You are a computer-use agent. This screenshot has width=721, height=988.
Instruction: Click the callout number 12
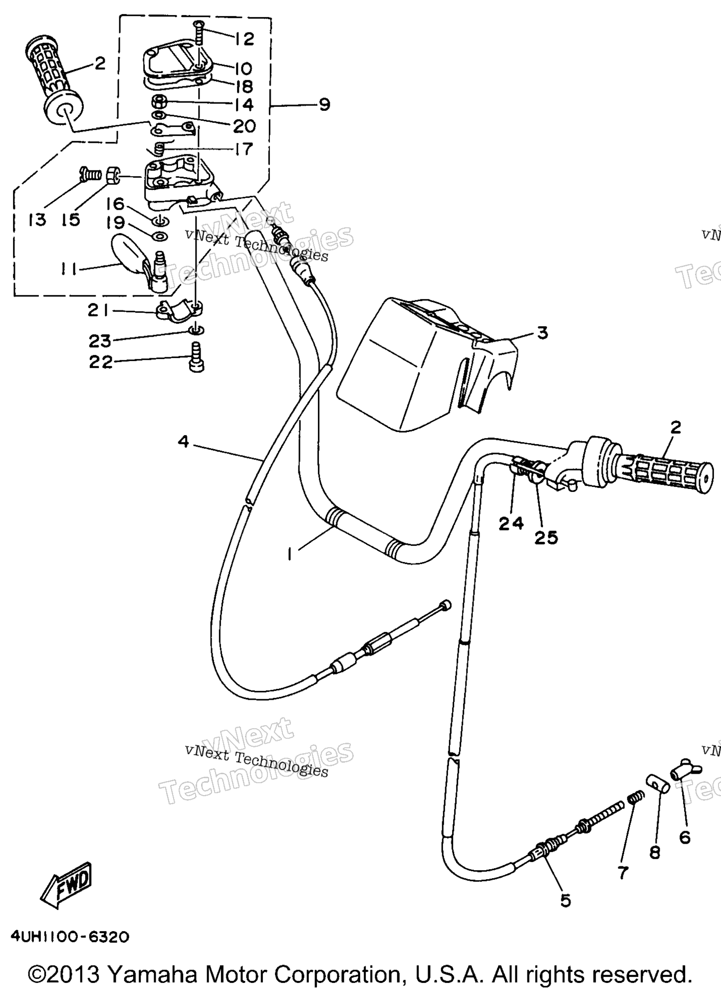244,38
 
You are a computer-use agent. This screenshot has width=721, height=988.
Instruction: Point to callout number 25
546,537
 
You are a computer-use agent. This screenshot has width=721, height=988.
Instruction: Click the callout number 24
511,523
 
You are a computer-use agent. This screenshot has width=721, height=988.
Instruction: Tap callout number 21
98,311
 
